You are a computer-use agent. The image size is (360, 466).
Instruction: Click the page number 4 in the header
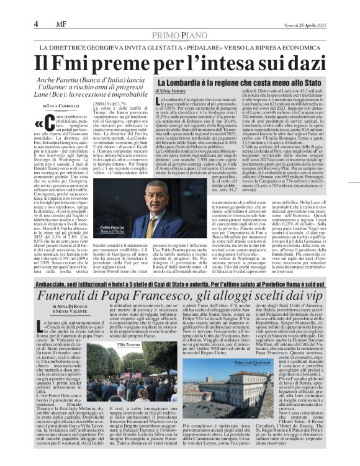click(36, 24)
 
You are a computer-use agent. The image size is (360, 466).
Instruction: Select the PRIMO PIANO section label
click(179, 35)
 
